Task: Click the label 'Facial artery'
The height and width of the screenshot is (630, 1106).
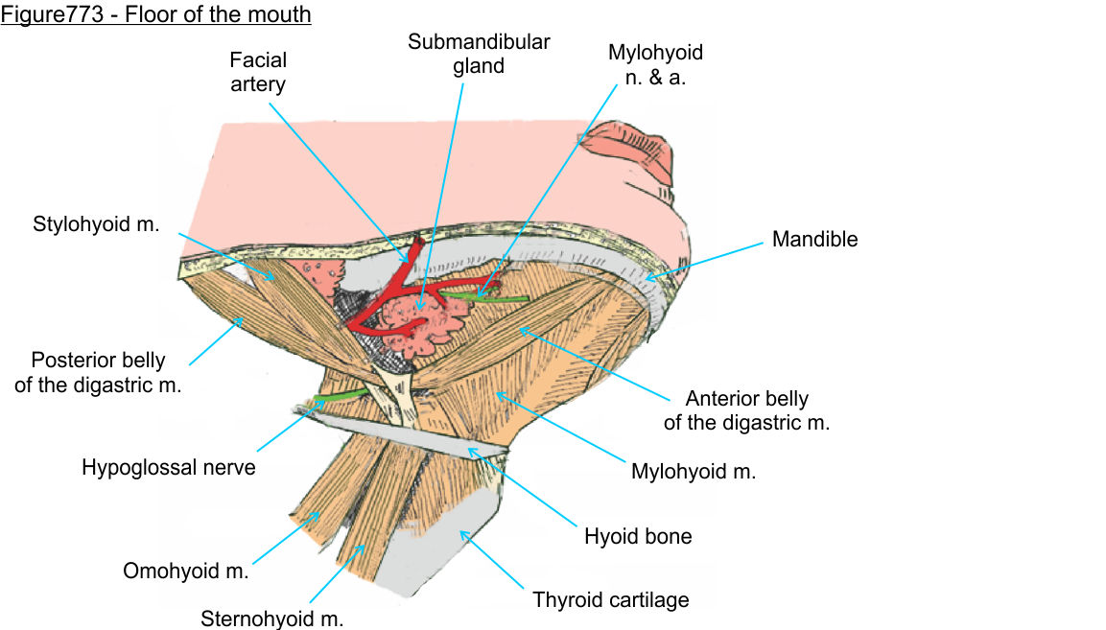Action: (x=258, y=72)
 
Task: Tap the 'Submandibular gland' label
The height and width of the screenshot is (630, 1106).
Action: (x=479, y=55)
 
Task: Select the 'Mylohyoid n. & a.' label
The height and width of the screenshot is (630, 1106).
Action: (x=655, y=64)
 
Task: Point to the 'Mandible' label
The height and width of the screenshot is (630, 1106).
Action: (x=814, y=240)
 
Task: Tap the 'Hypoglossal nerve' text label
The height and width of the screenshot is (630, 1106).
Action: (x=169, y=468)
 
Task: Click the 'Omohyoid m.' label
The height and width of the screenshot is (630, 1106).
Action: (x=186, y=572)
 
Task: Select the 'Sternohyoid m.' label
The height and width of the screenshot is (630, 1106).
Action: (x=271, y=618)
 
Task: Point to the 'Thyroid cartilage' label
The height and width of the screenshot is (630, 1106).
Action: (x=611, y=601)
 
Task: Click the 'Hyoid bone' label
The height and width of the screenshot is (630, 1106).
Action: (x=638, y=536)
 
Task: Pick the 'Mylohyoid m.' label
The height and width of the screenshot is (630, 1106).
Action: (x=694, y=472)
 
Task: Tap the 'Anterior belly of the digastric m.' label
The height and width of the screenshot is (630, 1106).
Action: (x=746, y=409)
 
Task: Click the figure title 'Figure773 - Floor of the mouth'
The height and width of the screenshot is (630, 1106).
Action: (x=155, y=15)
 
